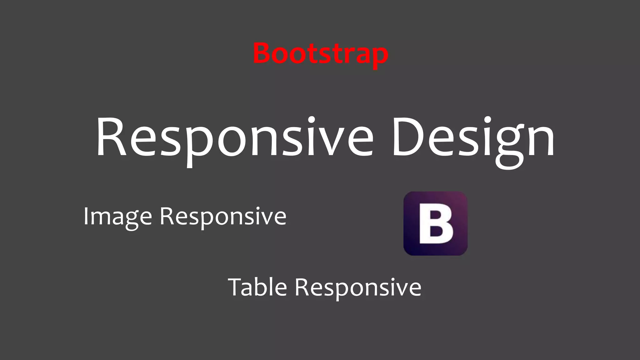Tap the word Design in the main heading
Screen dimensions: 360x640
473,137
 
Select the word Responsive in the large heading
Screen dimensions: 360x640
234,137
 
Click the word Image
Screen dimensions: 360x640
117,216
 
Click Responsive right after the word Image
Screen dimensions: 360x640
223,216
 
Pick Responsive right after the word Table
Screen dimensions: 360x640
358,287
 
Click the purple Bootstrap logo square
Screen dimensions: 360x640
435,223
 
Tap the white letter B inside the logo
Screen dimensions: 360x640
436,224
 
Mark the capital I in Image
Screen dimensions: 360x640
86,216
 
